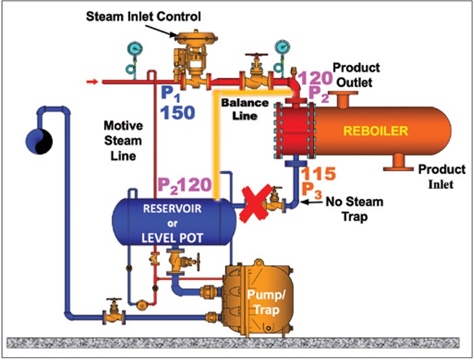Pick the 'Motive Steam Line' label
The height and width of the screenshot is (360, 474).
coord(122,141)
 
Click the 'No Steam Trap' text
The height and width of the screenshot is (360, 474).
coord(353,208)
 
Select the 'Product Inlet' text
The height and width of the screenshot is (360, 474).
coord(441,175)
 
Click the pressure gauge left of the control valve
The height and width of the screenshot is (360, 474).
coord(133,49)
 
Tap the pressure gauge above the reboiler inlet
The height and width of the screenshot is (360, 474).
coord(280,47)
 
